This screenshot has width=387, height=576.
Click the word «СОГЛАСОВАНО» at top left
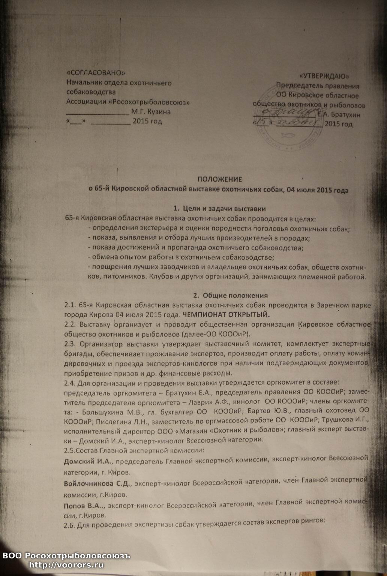[96, 73]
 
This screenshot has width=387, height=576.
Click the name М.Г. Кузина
[151, 112]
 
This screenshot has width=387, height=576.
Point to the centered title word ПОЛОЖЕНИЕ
[220, 180]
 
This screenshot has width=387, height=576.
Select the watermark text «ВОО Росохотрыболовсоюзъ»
[66, 556]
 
